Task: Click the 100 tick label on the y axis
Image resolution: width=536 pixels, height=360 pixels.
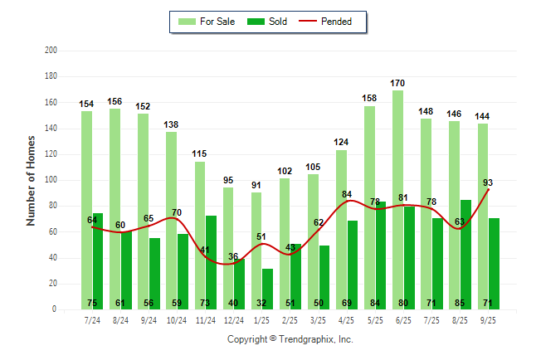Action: (x=50, y=180)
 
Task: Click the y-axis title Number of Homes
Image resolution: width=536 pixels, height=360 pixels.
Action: (x=32, y=180)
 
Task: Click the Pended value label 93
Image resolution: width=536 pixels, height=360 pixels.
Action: (x=488, y=182)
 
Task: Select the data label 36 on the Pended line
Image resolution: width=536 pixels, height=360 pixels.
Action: (x=234, y=256)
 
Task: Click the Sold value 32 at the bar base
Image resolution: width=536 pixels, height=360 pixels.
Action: (x=267, y=303)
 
